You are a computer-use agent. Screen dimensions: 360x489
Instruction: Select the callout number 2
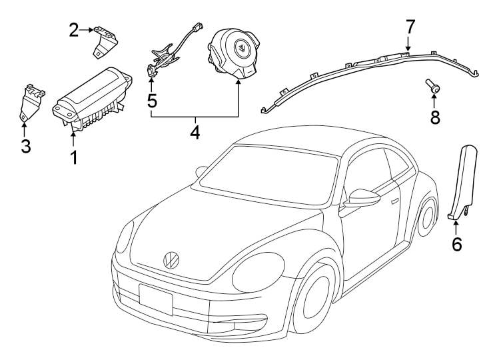click(x=74, y=29)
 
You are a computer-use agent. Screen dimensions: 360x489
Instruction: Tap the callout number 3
click(x=25, y=147)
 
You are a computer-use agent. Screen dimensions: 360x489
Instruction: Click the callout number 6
click(x=456, y=244)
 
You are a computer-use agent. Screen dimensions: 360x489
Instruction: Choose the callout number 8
click(x=434, y=118)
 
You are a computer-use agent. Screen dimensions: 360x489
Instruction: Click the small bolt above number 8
click(x=433, y=86)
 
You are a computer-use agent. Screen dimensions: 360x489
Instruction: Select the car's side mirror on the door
click(x=363, y=198)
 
